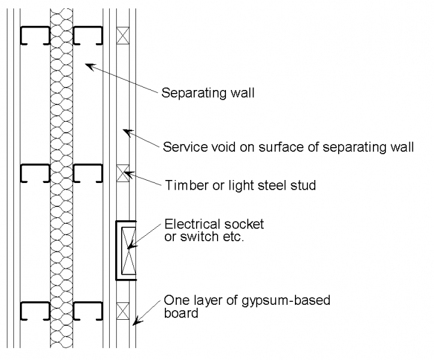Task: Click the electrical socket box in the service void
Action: [125, 250]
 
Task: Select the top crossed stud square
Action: [123, 34]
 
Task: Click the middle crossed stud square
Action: [123, 173]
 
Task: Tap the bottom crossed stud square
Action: [123, 311]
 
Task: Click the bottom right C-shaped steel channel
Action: [87, 311]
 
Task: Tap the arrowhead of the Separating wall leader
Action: [86, 64]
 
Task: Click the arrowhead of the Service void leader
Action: [123, 128]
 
